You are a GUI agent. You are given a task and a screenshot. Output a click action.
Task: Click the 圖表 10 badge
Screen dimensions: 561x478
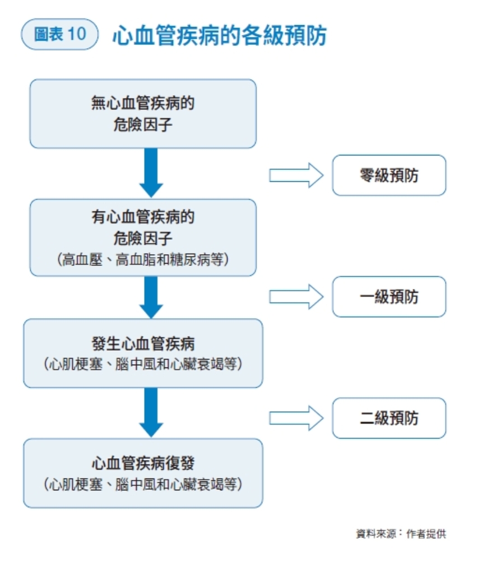point(59,34)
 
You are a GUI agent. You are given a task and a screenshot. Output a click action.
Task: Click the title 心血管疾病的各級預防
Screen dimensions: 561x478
point(219,35)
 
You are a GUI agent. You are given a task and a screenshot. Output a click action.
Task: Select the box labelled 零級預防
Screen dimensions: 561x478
point(389,176)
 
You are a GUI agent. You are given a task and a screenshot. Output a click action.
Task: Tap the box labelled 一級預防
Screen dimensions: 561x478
point(389,297)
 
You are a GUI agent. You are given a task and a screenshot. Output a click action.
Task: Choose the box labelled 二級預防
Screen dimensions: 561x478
point(389,418)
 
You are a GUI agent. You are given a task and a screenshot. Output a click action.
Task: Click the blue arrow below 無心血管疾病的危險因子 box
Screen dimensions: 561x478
point(151,173)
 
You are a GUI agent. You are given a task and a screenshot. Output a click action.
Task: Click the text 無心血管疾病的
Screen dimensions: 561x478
point(143,104)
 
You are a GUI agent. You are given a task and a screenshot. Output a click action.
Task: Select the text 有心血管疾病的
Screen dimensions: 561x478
point(143,217)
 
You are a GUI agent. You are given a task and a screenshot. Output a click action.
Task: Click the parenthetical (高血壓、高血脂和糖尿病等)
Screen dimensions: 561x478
point(143,260)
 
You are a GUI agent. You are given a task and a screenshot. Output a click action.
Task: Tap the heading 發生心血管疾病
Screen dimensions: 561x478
point(143,343)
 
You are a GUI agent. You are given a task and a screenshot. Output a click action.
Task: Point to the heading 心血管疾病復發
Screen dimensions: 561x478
point(143,463)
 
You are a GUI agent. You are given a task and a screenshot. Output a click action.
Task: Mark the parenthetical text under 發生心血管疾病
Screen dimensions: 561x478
point(143,364)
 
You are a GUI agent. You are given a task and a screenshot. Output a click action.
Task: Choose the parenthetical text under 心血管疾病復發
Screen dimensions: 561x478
point(143,484)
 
